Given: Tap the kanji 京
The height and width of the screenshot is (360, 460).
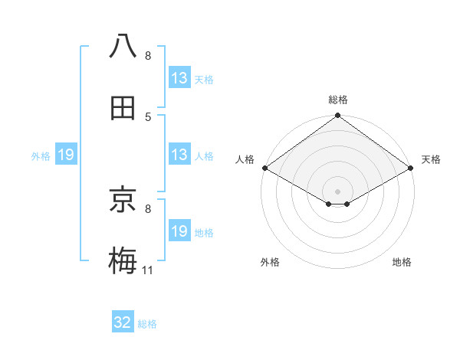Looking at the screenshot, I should pyautogui.click(x=123, y=200).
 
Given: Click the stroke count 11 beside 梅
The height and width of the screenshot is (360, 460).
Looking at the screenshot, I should pyautogui.click(x=148, y=270).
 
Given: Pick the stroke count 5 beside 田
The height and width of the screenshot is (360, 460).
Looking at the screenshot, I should pyautogui.click(x=148, y=116).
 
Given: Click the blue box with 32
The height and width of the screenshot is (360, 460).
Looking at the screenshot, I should pyautogui.click(x=123, y=322).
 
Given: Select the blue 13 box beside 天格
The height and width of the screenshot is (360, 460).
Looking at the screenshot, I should pyautogui.click(x=179, y=78).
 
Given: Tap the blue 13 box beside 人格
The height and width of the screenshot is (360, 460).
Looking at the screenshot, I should pyautogui.click(x=179, y=155).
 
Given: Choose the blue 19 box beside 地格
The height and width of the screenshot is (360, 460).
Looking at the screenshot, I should pyautogui.click(x=179, y=231).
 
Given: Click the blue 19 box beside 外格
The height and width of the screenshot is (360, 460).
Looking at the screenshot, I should pyautogui.click(x=66, y=155).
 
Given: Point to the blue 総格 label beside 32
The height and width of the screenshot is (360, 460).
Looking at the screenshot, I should pyautogui.click(x=147, y=324).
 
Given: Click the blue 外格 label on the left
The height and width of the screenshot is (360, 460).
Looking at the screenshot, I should pyautogui.click(x=41, y=156).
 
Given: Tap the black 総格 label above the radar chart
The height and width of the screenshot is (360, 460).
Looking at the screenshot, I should pyautogui.click(x=337, y=100).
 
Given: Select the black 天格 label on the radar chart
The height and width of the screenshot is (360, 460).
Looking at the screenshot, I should pyautogui.click(x=431, y=160).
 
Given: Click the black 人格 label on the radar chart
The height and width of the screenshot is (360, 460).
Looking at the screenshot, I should pyautogui.click(x=245, y=160).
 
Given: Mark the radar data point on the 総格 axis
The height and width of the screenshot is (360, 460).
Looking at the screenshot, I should pyautogui.click(x=337, y=116).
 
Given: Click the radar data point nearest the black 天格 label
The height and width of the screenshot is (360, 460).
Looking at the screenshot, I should pyautogui.click(x=411, y=168).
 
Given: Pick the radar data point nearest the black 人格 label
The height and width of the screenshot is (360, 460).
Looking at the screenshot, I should pyautogui.click(x=264, y=168).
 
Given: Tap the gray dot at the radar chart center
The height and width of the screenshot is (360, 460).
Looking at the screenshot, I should pyautogui.click(x=337, y=190).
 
